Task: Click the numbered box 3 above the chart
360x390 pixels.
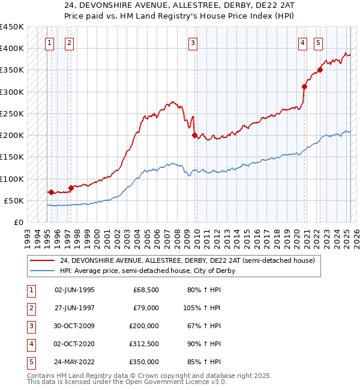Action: (193, 42)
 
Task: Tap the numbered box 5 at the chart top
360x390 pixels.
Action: (317, 42)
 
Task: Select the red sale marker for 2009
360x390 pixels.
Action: (194, 135)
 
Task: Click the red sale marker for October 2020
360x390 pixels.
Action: (304, 86)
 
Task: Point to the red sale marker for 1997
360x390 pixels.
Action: (71, 188)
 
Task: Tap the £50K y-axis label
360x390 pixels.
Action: (14, 200)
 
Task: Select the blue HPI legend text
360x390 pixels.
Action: (147, 271)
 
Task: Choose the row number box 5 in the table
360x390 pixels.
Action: (31, 362)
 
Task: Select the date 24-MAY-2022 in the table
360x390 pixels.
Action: (74, 362)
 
